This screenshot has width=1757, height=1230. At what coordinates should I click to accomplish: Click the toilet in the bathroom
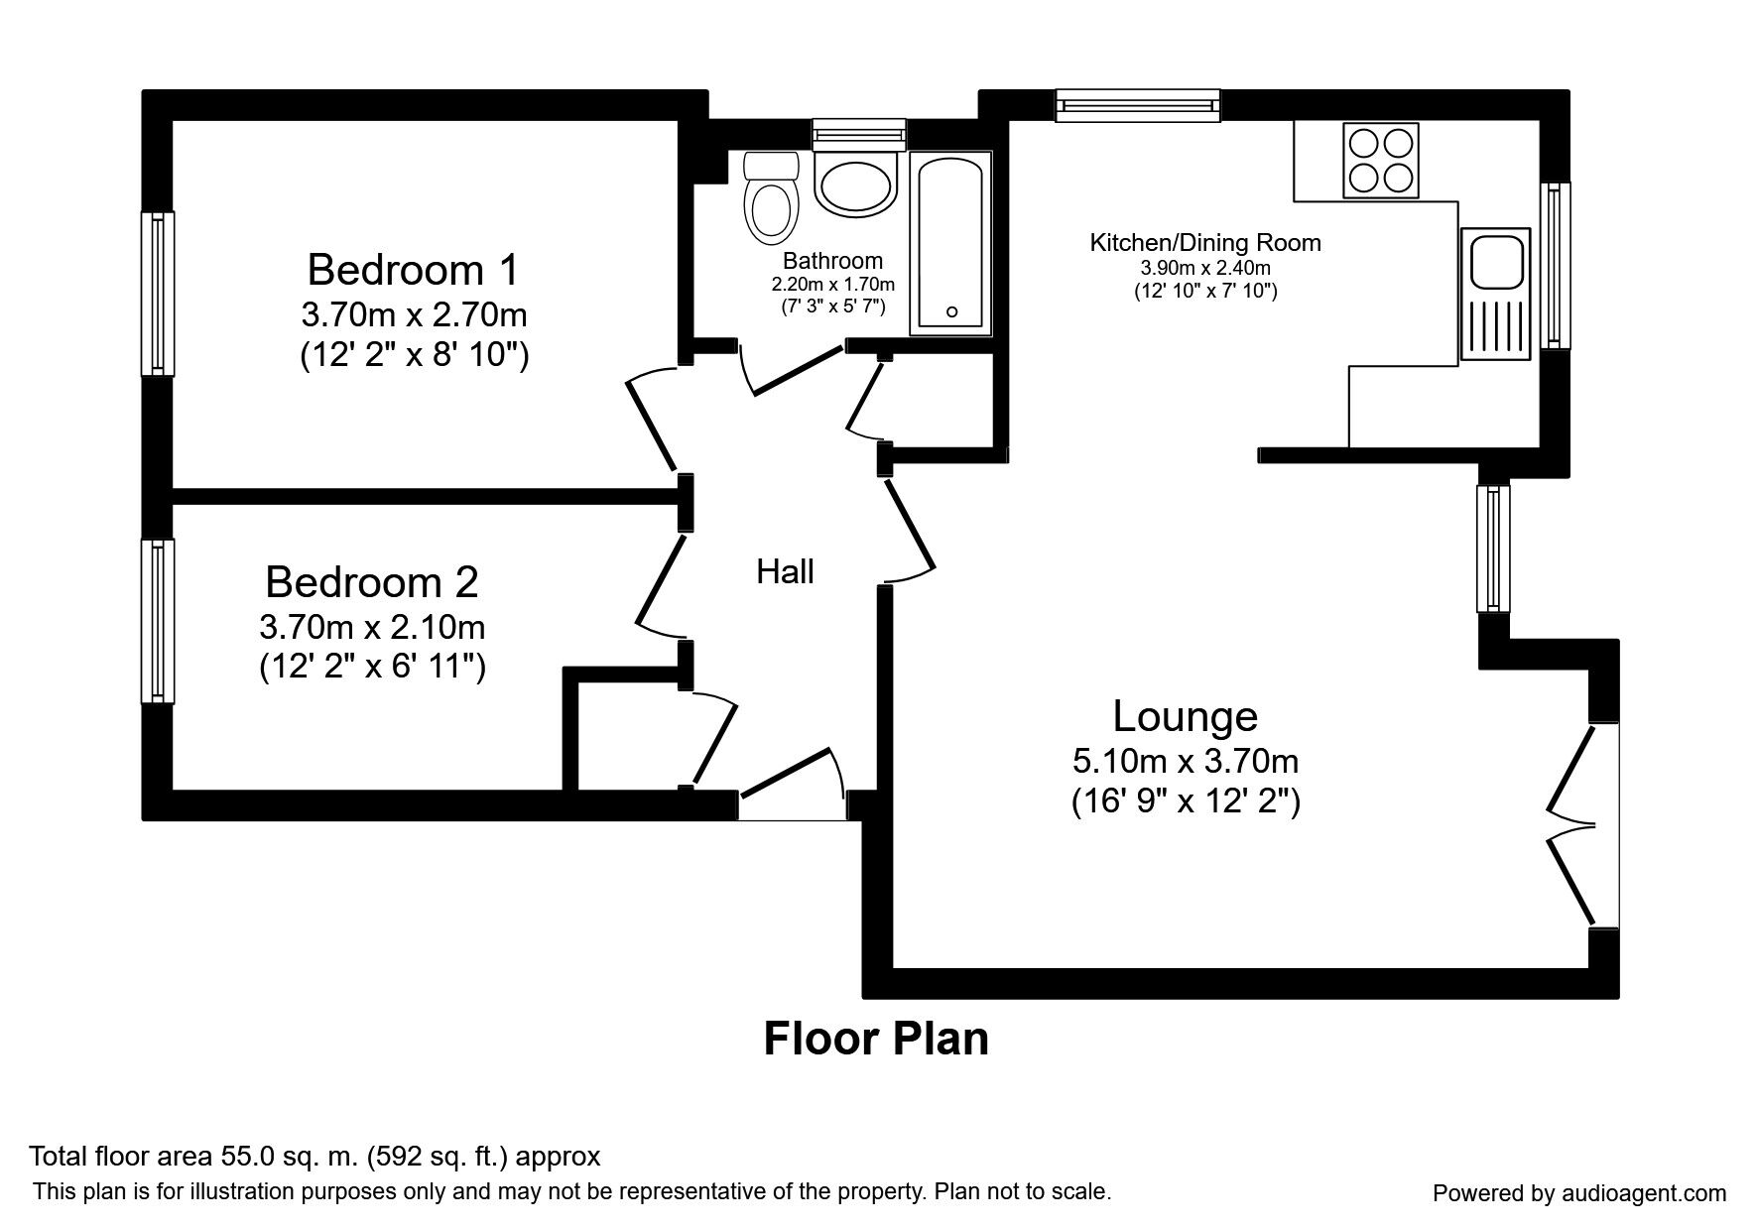(x=771, y=201)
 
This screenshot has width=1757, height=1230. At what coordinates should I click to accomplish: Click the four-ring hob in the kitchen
(x=1380, y=160)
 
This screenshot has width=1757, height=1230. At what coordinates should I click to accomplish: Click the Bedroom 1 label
(x=413, y=270)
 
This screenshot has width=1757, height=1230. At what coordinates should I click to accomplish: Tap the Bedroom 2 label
(x=372, y=582)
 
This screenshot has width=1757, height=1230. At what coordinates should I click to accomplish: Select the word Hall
(x=785, y=571)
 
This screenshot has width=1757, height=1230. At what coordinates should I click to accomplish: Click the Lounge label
(x=1185, y=715)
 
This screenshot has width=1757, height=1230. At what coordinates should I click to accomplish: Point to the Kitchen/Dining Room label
(x=1204, y=242)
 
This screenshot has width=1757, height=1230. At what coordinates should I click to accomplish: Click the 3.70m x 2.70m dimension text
(x=414, y=315)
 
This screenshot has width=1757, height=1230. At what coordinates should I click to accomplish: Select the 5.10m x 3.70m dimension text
(x=1186, y=761)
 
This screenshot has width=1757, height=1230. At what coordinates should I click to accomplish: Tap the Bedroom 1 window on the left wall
(x=157, y=293)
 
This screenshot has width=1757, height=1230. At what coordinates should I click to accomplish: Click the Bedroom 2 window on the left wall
(x=157, y=621)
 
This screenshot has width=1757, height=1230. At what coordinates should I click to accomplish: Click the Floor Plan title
(x=876, y=1039)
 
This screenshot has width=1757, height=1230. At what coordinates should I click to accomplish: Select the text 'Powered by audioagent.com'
(x=1579, y=1193)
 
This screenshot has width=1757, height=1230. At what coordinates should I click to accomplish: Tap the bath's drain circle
(x=951, y=311)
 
